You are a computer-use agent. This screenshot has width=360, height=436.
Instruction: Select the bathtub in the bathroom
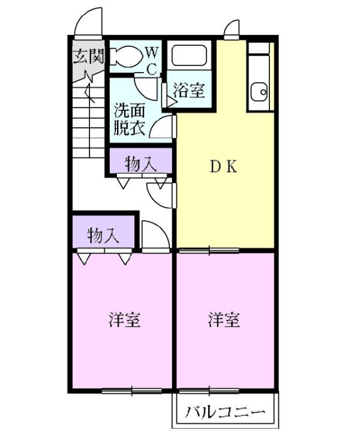pos(189,56)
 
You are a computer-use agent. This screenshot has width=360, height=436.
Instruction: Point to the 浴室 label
pos(189,91)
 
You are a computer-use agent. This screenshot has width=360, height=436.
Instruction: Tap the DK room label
pos(223,168)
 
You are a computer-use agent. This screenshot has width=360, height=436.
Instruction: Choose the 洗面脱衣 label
pos(129,120)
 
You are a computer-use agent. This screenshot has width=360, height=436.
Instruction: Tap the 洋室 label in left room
pos(124,320)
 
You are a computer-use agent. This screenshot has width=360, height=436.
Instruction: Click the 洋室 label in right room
pos(224,320)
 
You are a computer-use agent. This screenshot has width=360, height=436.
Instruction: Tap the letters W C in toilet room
pos(152,59)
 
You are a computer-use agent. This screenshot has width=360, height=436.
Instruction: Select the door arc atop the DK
pos(232,29)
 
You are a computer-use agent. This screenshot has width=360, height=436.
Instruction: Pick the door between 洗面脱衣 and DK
pos(164,127)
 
